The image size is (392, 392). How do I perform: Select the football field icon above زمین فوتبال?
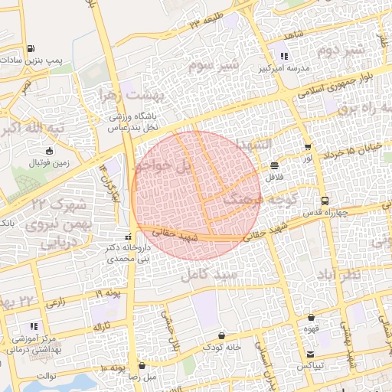coord(50,151)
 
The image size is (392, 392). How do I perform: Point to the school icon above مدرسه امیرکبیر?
coord(284,56)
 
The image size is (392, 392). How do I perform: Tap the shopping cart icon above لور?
coord(308,147)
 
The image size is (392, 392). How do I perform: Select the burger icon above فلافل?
coord(274,165)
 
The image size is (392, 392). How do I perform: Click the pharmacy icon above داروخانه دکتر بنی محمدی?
coord(129,235)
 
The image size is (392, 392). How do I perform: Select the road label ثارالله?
coord(103,327)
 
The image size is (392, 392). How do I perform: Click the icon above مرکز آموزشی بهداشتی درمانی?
coord(33,327)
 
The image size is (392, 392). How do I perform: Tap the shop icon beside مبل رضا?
coord(142,366)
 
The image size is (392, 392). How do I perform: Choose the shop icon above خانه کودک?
coord(222,335)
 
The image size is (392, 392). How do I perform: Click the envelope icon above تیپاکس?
coord(310,354)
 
